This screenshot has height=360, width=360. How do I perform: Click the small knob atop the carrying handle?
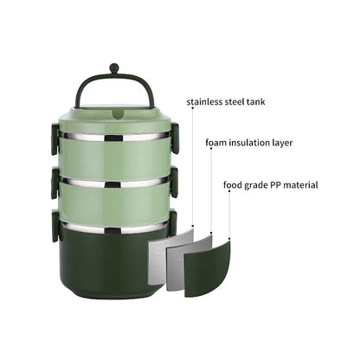click(114, 67)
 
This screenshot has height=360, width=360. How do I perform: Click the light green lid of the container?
click(114, 117)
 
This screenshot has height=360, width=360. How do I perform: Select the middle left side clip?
click(55, 181)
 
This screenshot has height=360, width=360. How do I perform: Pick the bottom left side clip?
click(56, 225)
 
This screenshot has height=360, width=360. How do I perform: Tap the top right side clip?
click(175, 136)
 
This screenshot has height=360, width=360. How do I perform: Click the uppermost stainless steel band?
click(114, 137)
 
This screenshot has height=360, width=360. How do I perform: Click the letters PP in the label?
click(277, 184)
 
